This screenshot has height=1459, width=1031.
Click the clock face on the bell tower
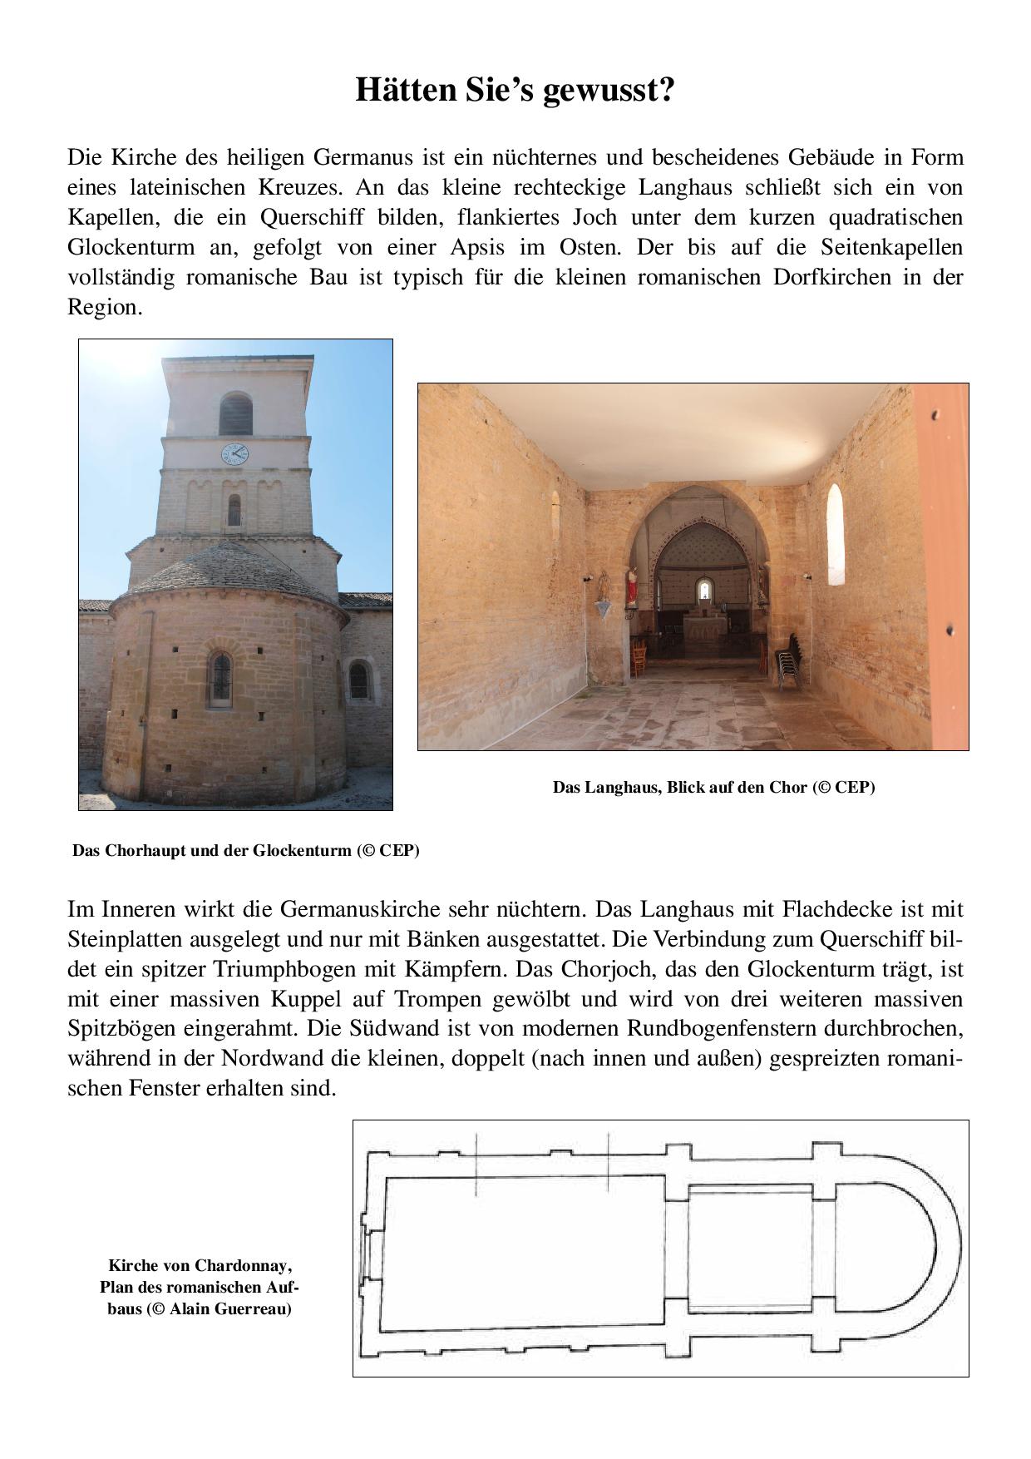tap(234, 453)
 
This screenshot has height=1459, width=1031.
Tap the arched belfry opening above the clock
tap(235, 414)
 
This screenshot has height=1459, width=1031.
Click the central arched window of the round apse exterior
tap(220, 679)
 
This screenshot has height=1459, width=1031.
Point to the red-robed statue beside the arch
tap(632, 586)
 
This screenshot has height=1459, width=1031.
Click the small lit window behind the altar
tap(704, 591)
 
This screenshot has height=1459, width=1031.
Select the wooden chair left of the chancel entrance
tap(639, 654)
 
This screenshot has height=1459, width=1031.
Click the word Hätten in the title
tap(403, 90)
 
